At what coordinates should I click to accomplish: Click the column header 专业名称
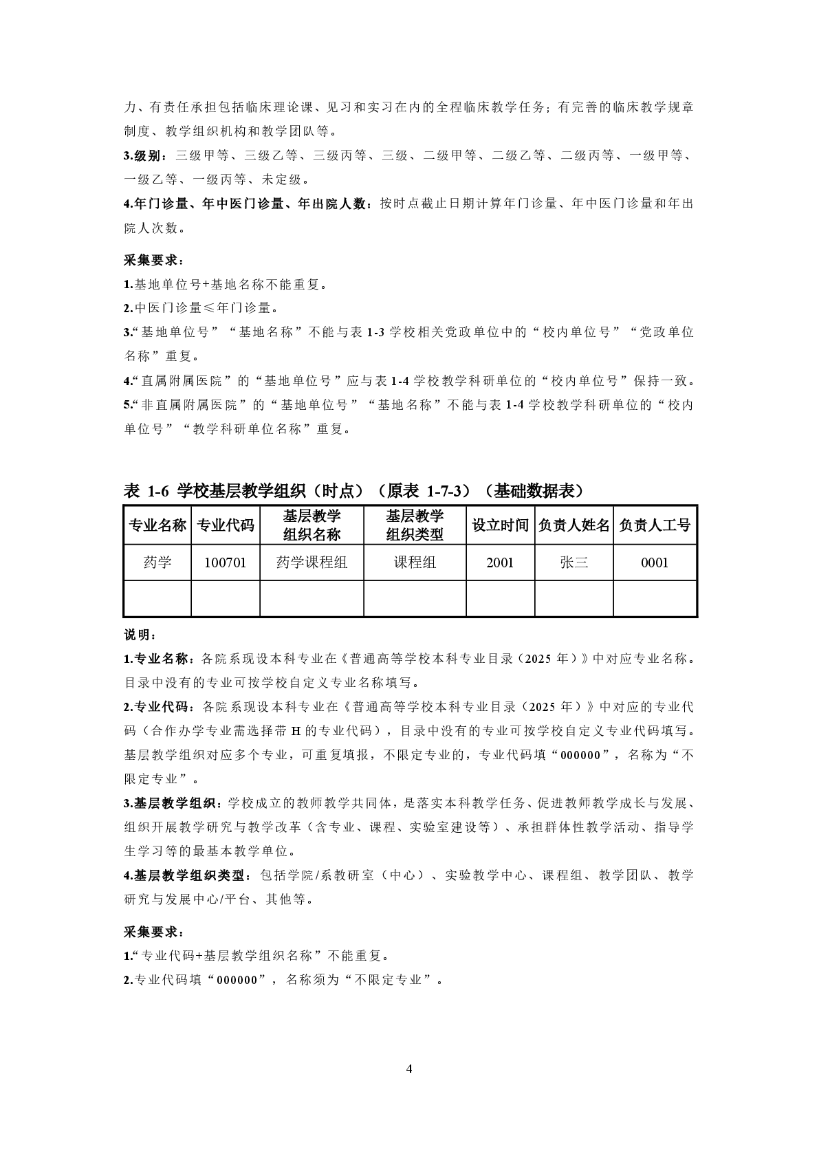pos(157,525)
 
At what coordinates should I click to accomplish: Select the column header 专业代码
pos(226,525)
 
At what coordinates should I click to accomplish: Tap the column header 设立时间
pos(500,525)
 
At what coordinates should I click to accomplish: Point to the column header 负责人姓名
pos(574,525)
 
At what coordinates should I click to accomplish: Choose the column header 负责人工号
pos(655,525)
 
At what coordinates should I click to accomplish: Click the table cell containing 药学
pos(157,562)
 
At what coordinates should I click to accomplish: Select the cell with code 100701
pos(226,562)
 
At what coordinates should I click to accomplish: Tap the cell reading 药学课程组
pos(312,562)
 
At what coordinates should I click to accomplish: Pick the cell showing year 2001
pos(500,562)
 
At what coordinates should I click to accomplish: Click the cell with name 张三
pos(574,562)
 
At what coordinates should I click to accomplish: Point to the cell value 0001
pos(655,562)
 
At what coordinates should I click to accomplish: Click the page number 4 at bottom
pos(409,1069)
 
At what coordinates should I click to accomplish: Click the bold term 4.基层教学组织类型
pos(184,875)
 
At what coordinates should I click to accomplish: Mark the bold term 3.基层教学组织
pos(172,803)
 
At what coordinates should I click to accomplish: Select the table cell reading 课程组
pos(415,562)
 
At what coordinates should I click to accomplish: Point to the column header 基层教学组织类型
pos(415,525)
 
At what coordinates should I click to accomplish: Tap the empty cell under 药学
pos(157,598)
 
